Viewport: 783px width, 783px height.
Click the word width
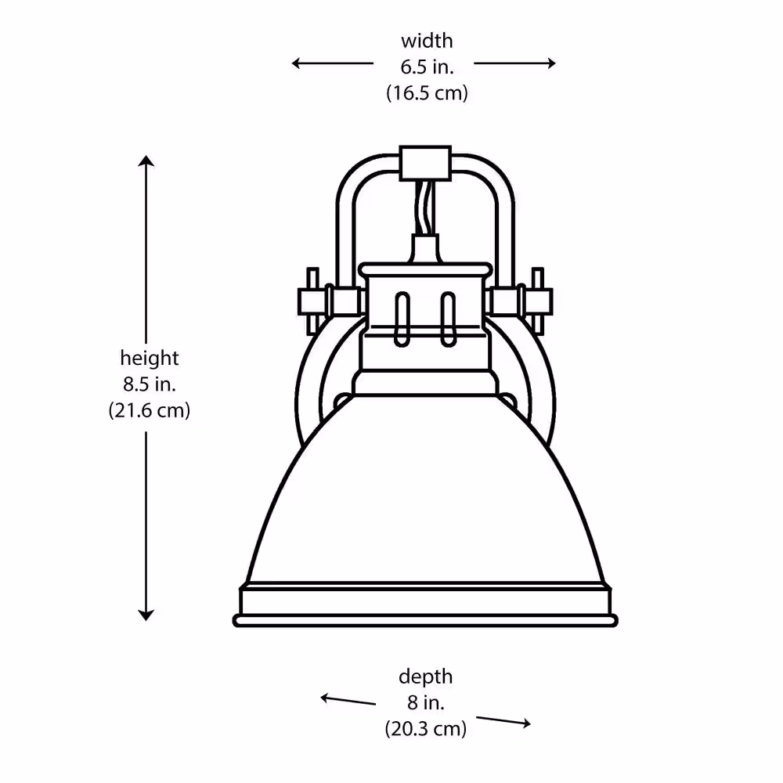pyautogui.click(x=427, y=41)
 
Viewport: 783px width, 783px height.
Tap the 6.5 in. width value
pyautogui.click(x=427, y=67)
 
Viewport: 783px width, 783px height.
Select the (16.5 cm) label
pyautogui.click(x=427, y=93)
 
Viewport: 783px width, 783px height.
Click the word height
pyautogui.click(x=150, y=358)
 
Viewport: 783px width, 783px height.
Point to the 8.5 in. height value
pyautogui.click(x=150, y=384)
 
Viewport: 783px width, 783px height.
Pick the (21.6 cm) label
pyautogui.click(x=150, y=410)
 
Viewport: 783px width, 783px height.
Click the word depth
pyautogui.click(x=425, y=677)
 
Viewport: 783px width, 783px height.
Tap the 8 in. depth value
pyautogui.click(x=425, y=702)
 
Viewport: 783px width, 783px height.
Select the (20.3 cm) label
pyautogui.click(x=425, y=728)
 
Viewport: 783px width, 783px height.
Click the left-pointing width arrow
pyautogui.click(x=333, y=63)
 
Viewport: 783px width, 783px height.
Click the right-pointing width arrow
pyautogui.click(x=515, y=63)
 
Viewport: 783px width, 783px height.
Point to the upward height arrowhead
pyautogui.click(x=146, y=161)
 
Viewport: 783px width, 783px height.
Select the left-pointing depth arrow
pyautogui.click(x=348, y=700)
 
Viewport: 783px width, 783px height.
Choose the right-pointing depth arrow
pyautogui.click(x=503, y=721)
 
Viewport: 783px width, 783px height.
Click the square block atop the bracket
pyautogui.click(x=425, y=164)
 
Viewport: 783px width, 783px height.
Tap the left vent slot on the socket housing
pyautogui.click(x=402, y=319)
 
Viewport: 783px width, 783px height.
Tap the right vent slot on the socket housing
pyautogui.click(x=448, y=319)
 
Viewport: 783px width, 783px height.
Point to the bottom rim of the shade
pyautogui.click(x=425, y=621)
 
